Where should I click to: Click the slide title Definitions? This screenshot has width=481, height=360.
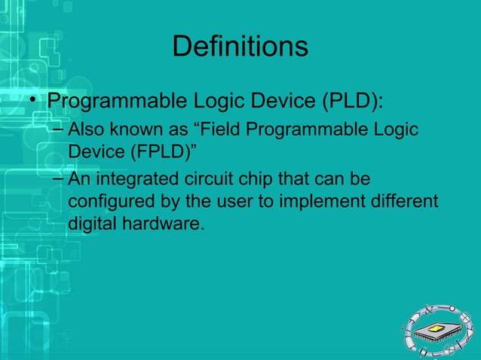240,47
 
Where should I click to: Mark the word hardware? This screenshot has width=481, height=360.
164,224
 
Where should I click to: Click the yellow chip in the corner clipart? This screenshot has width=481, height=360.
440,328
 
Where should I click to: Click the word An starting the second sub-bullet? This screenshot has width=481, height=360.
78,182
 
